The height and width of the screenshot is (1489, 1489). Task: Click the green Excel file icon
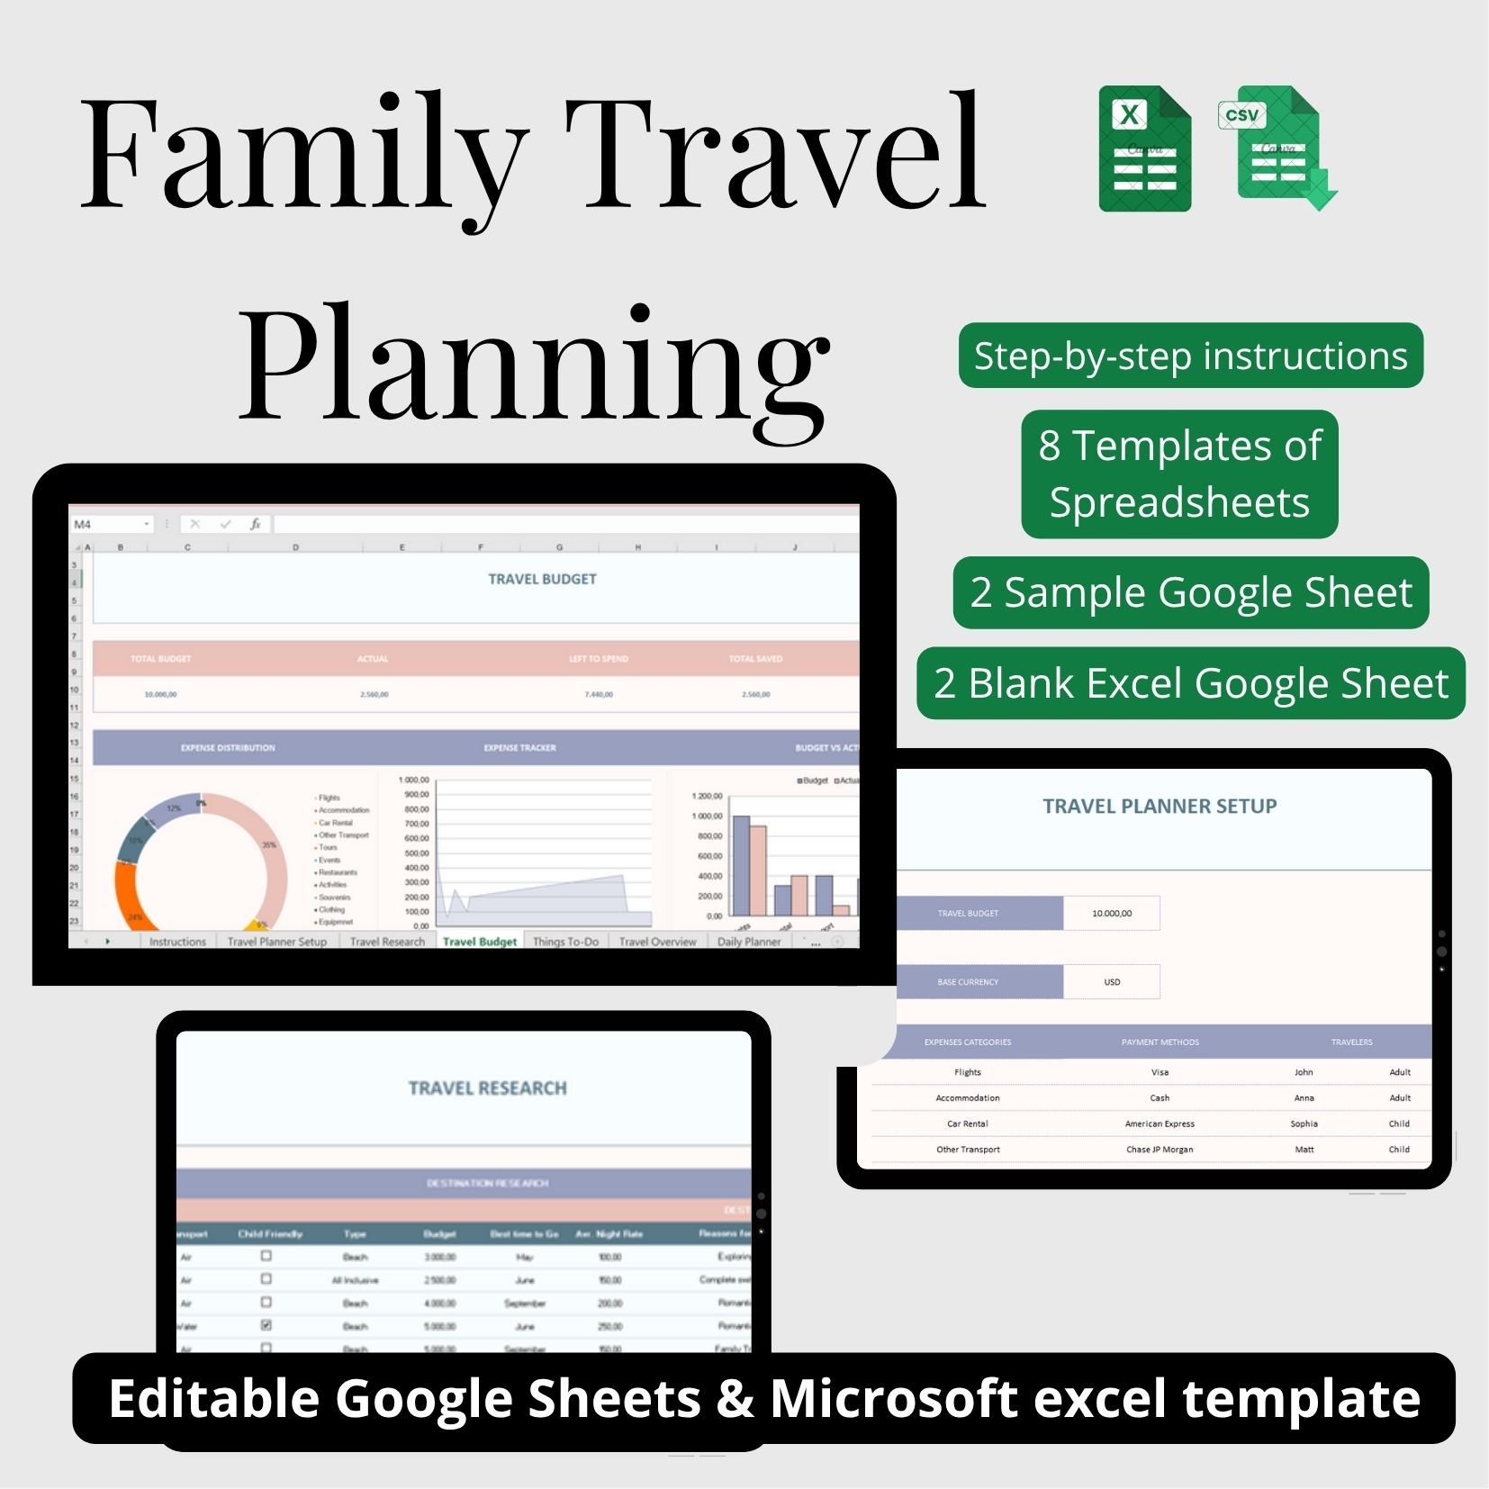coord(1144,149)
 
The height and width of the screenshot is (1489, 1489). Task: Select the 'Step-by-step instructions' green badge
coord(1190,356)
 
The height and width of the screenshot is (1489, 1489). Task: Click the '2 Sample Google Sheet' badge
coord(1190,592)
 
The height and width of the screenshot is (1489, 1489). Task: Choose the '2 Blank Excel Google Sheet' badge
coord(1190,683)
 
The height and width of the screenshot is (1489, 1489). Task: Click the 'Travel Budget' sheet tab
coord(479,942)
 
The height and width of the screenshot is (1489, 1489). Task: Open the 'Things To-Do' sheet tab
coord(565,942)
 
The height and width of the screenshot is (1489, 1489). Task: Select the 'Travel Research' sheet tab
coord(387,942)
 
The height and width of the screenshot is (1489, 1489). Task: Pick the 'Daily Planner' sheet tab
coord(748,942)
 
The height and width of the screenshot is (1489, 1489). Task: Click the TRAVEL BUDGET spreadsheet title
coord(542,579)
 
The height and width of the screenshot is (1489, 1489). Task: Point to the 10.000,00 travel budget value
coord(1112,913)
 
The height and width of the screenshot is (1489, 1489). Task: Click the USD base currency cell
coord(1112,981)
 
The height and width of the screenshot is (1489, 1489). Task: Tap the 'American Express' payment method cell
coord(1160,1124)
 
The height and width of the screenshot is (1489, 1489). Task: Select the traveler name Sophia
coord(1304,1124)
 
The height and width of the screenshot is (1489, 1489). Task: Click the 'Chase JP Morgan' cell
coord(1160,1150)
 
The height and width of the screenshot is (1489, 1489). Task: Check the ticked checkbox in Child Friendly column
coord(266,1325)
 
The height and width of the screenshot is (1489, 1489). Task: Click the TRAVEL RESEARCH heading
coord(487,1088)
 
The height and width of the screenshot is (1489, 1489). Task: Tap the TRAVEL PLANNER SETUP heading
coord(1160,807)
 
